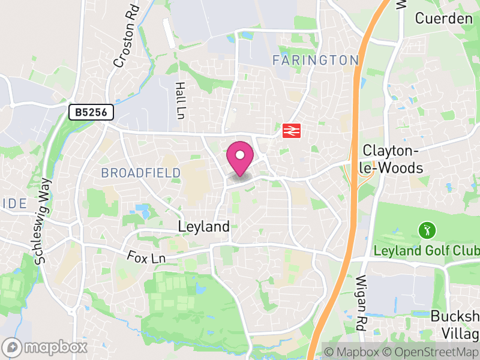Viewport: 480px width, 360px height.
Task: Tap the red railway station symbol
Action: coord(292,130)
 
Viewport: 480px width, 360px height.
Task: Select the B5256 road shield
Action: coord(91,112)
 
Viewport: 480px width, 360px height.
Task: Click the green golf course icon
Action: coord(427,229)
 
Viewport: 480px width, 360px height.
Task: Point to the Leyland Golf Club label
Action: coord(426,250)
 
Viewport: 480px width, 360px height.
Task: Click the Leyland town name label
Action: coord(204,226)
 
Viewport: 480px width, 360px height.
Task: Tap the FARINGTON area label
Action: coord(315,60)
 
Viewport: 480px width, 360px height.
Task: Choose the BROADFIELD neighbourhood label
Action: coord(140,173)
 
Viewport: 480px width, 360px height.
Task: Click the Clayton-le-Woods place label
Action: coord(393,159)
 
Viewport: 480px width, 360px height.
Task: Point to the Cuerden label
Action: coord(444,18)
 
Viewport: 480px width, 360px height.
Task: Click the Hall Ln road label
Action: coord(180,100)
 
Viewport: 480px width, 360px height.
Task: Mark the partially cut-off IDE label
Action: coord(13,203)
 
